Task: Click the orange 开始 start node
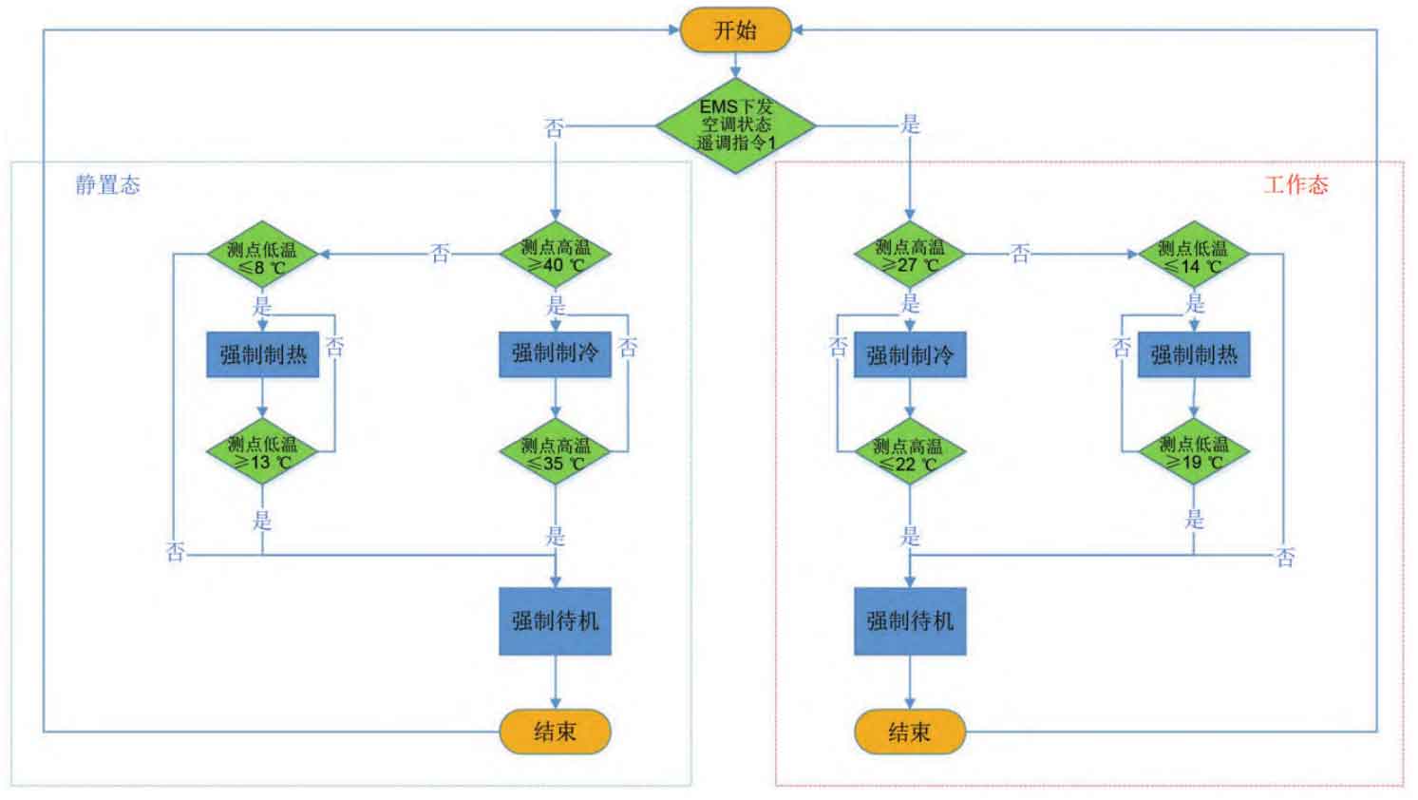pyautogui.click(x=735, y=29)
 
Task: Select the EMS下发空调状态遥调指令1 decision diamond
pyautogui.click(x=735, y=125)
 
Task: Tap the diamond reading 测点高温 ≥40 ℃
pyautogui.click(x=556, y=255)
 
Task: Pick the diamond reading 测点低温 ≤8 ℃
pyautogui.click(x=262, y=255)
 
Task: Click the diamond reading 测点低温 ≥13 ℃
pyautogui.click(x=262, y=451)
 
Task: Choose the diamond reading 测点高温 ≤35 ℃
pyautogui.click(x=556, y=451)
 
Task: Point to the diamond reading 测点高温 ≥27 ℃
pyautogui.click(x=910, y=255)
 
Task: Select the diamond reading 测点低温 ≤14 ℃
pyautogui.click(x=1194, y=255)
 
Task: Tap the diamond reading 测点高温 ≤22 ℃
pyautogui.click(x=910, y=451)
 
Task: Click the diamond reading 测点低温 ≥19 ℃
pyautogui.click(x=1194, y=451)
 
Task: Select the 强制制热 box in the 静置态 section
pyautogui.click(x=263, y=354)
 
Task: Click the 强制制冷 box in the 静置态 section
pyautogui.click(x=556, y=354)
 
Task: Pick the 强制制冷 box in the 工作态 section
pyautogui.click(x=910, y=354)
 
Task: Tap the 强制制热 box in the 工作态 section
pyautogui.click(x=1194, y=354)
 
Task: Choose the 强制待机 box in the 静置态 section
pyautogui.click(x=556, y=621)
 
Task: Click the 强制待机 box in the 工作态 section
pyautogui.click(x=910, y=621)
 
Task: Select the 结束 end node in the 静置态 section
pyautogui.click(x=556, y=732)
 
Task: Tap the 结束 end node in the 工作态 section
pyautogui.click(x=910, y=732)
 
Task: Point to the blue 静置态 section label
pyautogui.click(x=107, y=185)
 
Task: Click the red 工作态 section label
pyautogui.click(x=1295, y=185)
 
